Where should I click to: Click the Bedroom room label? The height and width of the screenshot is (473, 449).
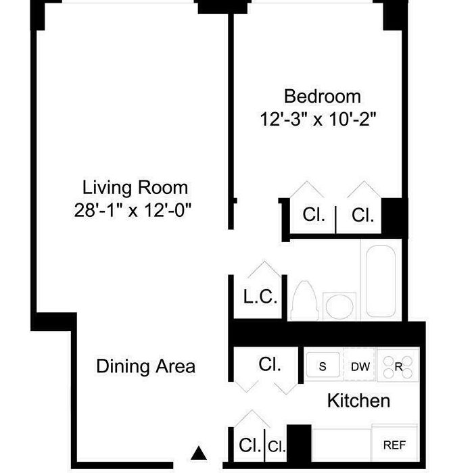click(x=322, y=97)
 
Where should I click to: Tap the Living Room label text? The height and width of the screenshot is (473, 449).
click(x=135, y=188)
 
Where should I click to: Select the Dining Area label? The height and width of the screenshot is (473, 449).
click(x=145, y=366)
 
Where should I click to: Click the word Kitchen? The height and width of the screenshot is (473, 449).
click(x=358, y=401)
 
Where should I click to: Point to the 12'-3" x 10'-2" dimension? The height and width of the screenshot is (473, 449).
click(x=318, y=120)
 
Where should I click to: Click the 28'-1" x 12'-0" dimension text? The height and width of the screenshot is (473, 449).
click(x=133, y=210)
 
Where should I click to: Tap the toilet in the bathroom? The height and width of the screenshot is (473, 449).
click(x=304, y=301)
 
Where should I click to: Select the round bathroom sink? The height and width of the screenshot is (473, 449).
click(x=339, y=306)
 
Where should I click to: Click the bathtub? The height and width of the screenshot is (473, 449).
click(x=381, y=281)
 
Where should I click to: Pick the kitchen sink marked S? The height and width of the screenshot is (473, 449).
click(x=323, y=365)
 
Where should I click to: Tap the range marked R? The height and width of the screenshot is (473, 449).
click(x=398, y=366)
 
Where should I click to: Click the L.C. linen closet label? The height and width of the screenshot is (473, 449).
click(x=260, y=297)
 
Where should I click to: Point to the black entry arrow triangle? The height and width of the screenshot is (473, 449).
click(x=199, y=453)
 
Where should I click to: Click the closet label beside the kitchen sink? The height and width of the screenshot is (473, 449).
click(x=270, y=364)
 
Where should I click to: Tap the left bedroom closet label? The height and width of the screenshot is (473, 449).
click(x=314, y=215)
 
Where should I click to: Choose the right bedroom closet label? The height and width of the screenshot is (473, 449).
click(x=362, y=216)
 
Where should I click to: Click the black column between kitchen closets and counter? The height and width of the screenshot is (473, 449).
click(x=299, y=443)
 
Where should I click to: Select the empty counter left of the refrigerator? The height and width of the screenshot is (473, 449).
click(x=341, y=445)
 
